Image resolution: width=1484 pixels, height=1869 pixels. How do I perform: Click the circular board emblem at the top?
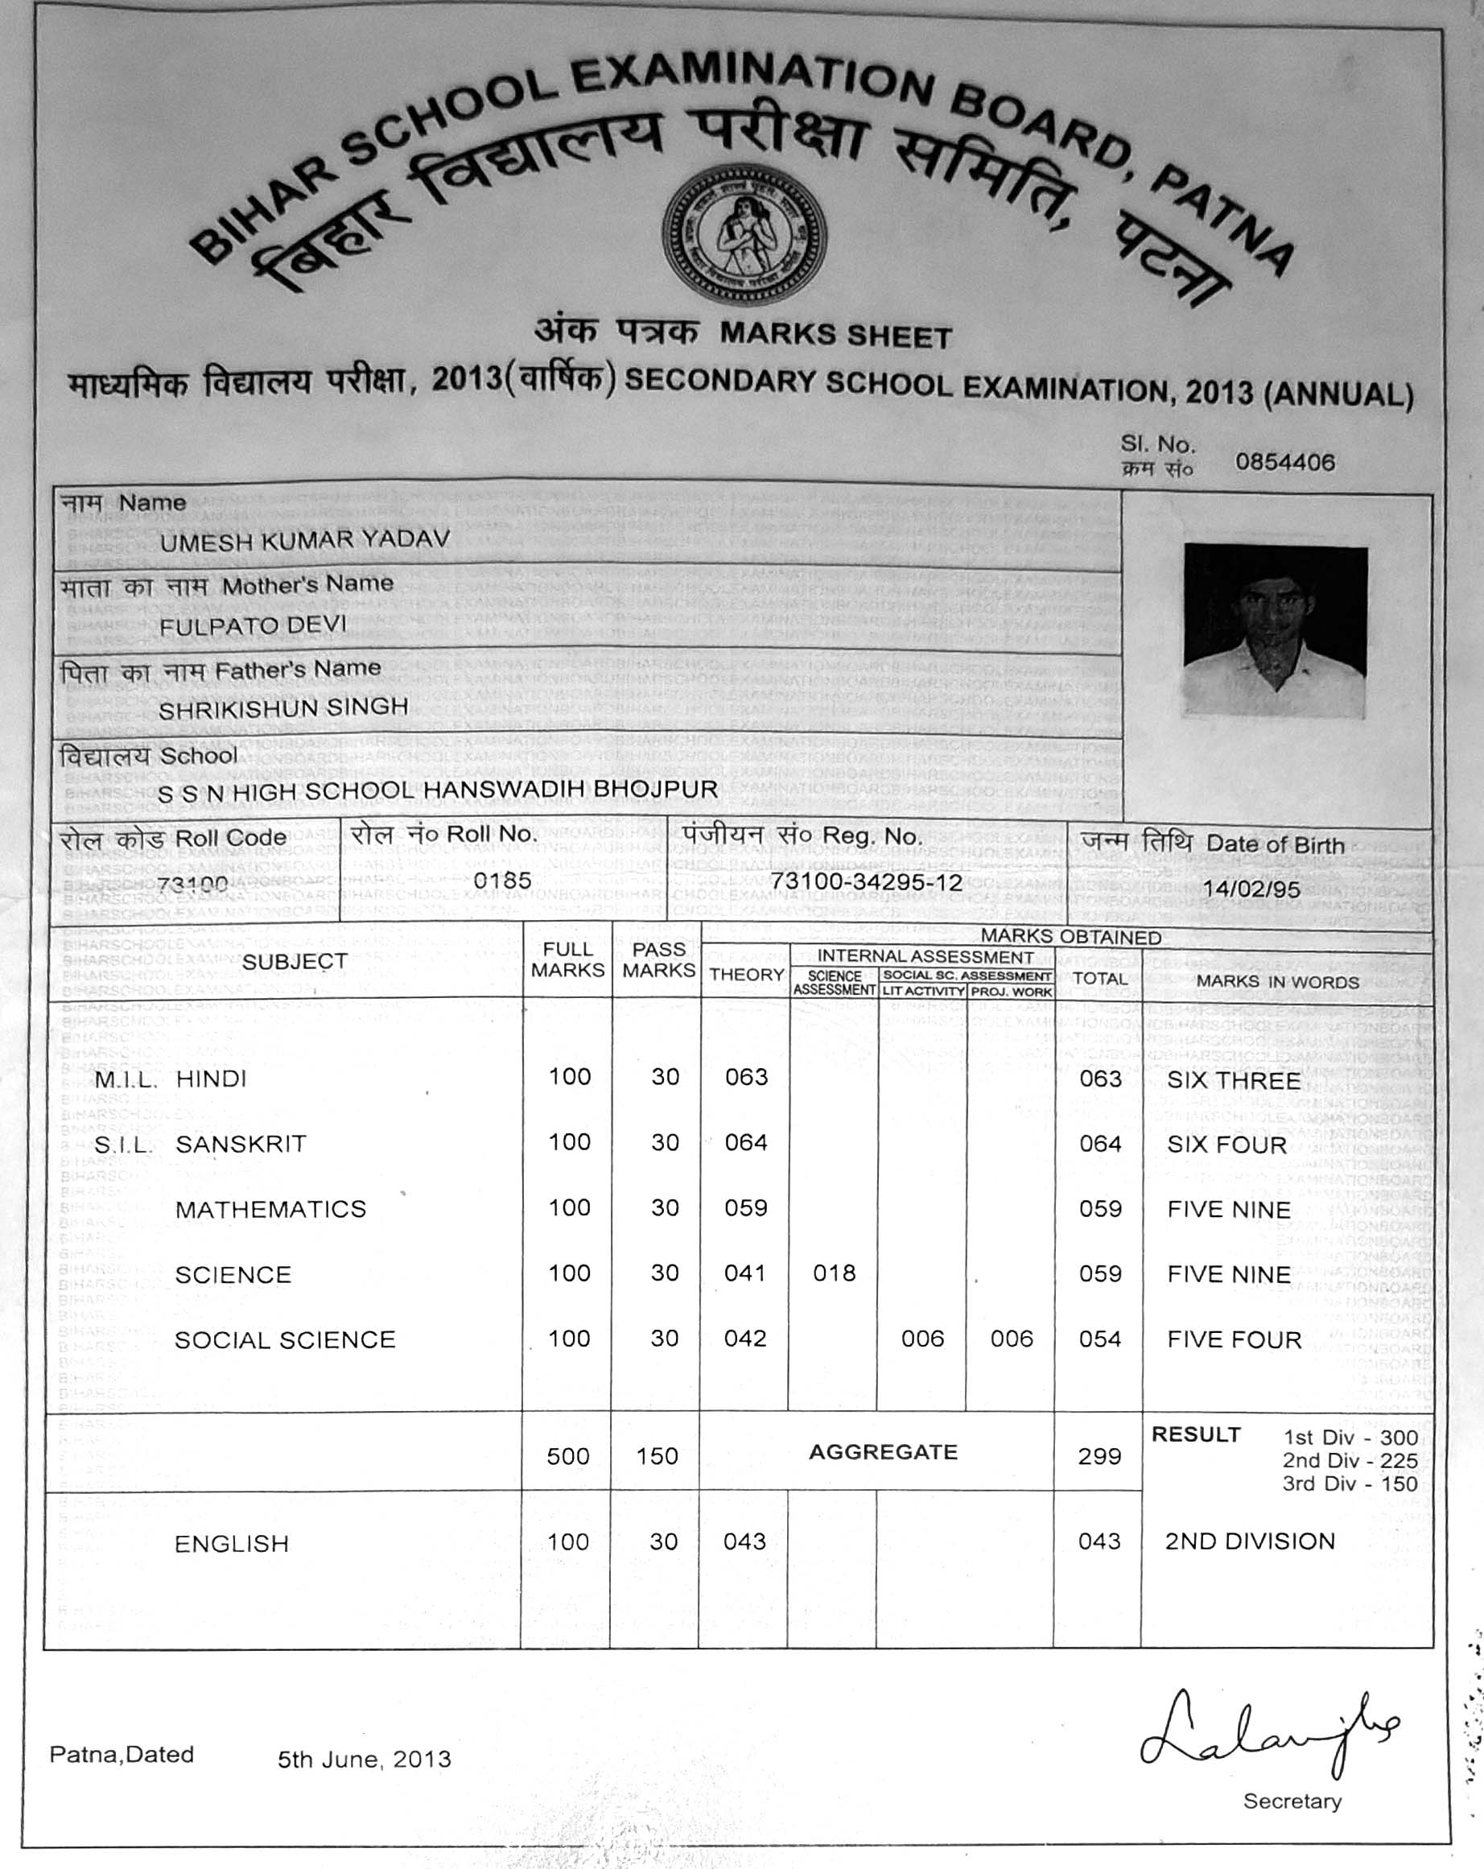[744, 235]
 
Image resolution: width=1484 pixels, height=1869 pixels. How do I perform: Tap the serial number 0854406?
[1284, 463]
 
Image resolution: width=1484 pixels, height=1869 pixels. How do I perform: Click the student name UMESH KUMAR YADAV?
[304, 541]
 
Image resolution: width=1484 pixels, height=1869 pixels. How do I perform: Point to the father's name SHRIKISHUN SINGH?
[282, 709]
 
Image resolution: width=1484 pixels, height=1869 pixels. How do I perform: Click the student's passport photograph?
[1276, 631]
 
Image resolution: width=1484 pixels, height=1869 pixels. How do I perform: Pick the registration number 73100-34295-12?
[866, 882]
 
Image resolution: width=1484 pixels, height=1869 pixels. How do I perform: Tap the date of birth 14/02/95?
[1251, 889]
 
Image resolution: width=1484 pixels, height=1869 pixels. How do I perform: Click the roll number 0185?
[503, 881]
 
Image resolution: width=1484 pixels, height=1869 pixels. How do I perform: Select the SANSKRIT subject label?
[241, 1145]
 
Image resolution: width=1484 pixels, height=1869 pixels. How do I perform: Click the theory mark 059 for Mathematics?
[745, 1207]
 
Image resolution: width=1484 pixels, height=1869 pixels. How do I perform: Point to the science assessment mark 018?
[834, 1273]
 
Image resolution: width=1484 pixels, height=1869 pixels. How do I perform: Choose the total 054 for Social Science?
[1100, 1339]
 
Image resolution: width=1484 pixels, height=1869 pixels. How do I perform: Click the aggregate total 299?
[1099, 1456]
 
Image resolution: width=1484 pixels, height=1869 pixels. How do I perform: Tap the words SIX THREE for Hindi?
[1234, 1081]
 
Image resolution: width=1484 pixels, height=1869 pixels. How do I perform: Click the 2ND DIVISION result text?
[1249, 1541]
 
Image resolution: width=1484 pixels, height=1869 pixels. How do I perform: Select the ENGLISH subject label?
[232, 1544]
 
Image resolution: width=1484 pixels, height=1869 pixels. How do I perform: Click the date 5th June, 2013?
[364, 1760]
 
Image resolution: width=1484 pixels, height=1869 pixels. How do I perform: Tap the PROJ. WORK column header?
[1011, 992]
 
